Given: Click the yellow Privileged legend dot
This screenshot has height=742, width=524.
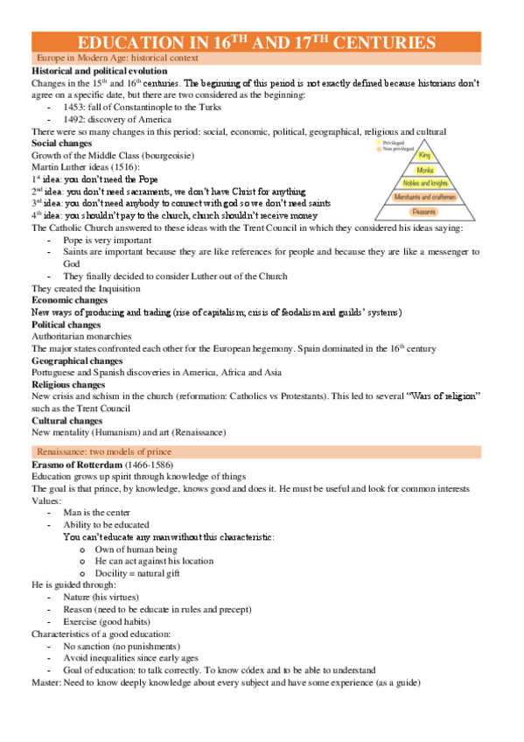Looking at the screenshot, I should (377, 140).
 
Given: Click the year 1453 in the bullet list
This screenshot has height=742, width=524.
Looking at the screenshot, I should (76, 107).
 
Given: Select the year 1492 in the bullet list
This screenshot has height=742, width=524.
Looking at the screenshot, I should (76, 119).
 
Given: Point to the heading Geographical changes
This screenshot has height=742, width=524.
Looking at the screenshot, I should (77, 360).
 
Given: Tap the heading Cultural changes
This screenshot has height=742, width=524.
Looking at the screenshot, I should (68, 420).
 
